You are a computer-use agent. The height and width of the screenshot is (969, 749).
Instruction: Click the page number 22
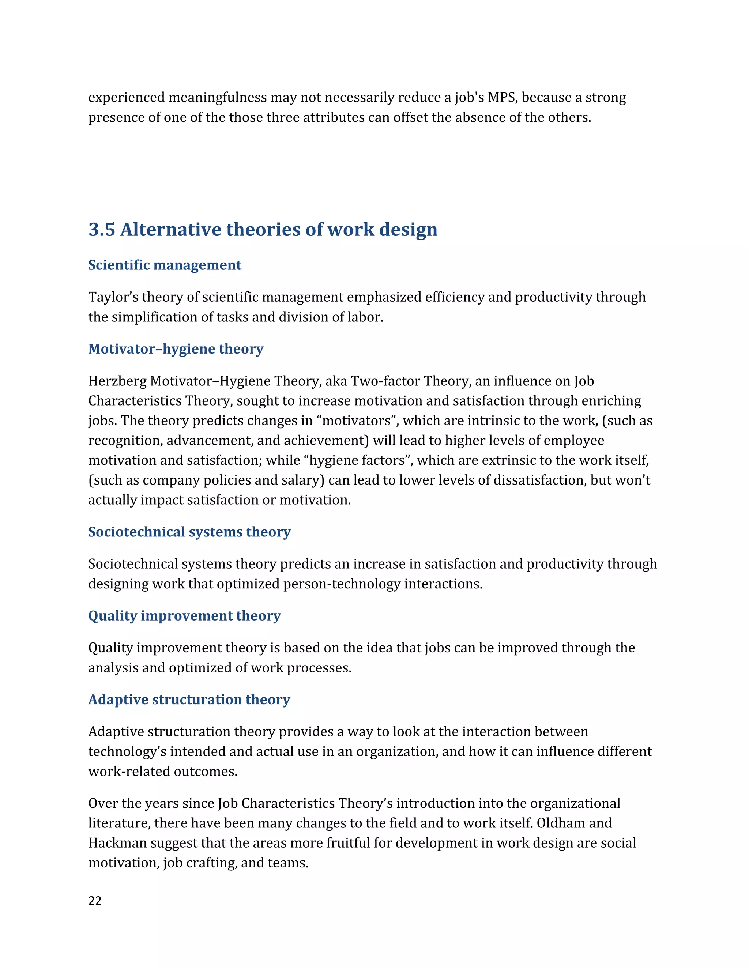tap(95, 901)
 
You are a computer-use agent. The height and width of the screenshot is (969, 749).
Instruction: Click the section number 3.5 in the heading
tap(102, 229)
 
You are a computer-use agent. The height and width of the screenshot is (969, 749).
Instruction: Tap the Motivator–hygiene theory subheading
tap(176, 349)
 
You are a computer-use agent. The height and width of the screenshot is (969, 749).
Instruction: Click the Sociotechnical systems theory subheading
tap(189, 532)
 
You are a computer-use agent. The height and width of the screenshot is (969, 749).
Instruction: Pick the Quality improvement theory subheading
tap(184, 615)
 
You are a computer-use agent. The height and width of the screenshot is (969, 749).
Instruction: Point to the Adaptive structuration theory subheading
tap(189, 699)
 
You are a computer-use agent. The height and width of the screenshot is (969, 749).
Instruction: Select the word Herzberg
tap(117, 381)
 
